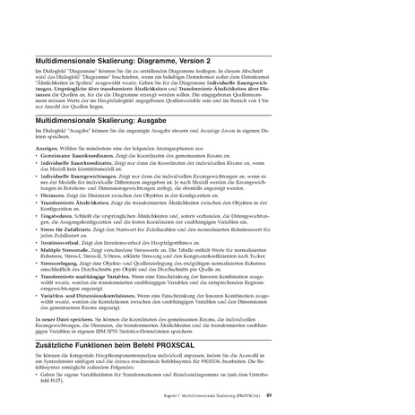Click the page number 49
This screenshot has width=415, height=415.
point(370,404)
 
